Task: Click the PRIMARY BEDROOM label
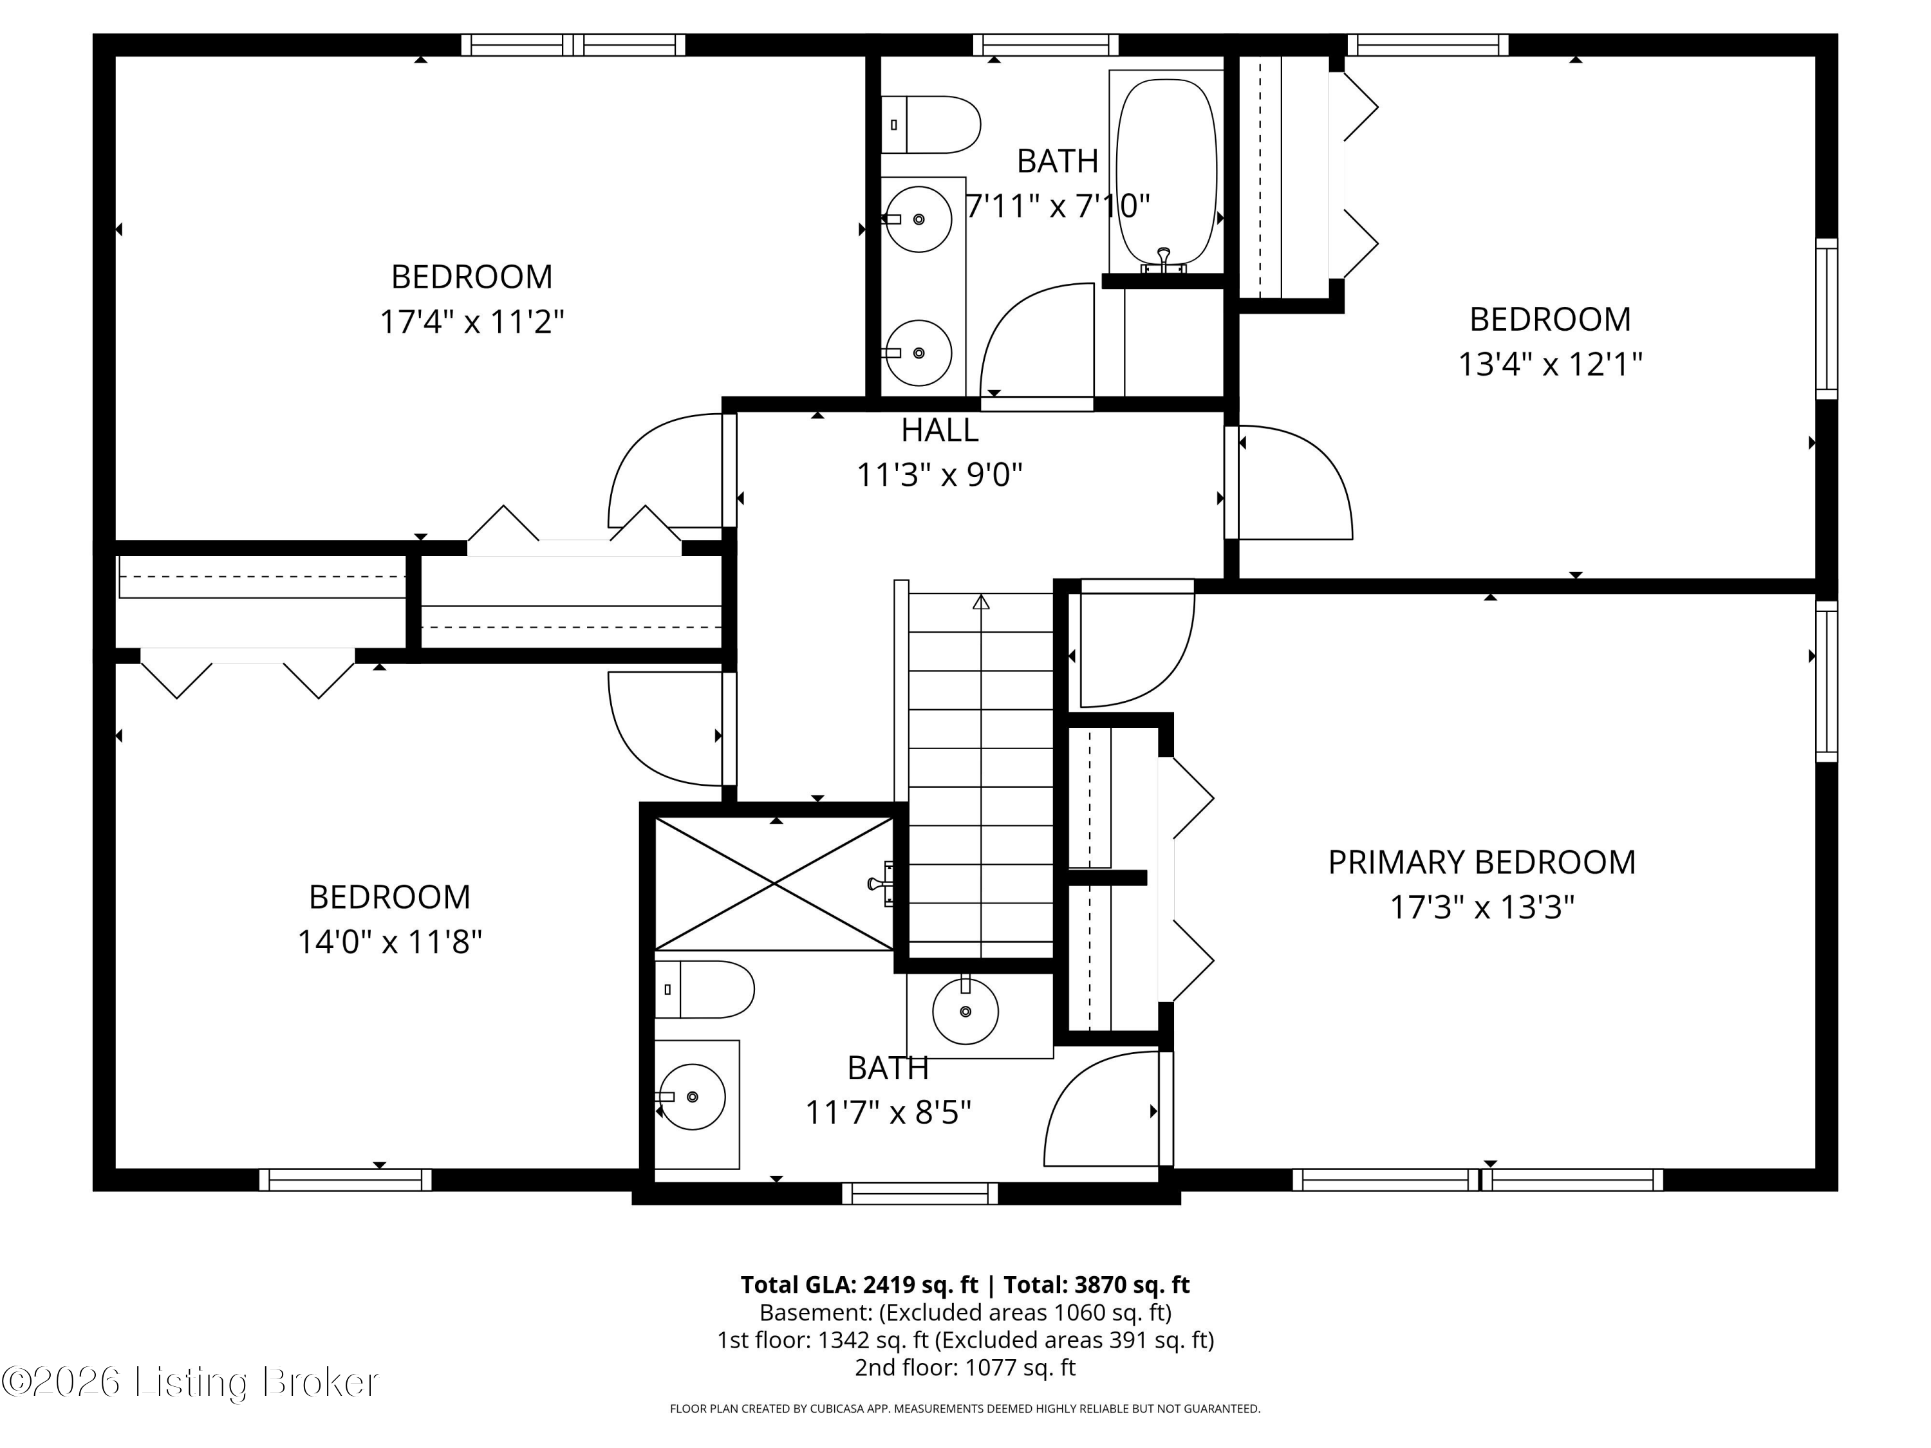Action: point(1482,862)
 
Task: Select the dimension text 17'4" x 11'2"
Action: point(471,321)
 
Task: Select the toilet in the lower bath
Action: point(704,989)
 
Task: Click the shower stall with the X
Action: point(774,884)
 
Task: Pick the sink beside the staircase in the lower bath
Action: point(966,1012)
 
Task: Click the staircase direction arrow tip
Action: point(981,595)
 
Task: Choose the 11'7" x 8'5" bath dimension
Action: point(888,1112)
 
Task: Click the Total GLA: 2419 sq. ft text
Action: point(859,1284)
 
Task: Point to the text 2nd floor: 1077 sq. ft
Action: point(965,1367)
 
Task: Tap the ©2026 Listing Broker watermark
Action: point(191,1382)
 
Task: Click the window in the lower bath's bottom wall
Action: point(920,1193)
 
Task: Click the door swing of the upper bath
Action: point(1037,340)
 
